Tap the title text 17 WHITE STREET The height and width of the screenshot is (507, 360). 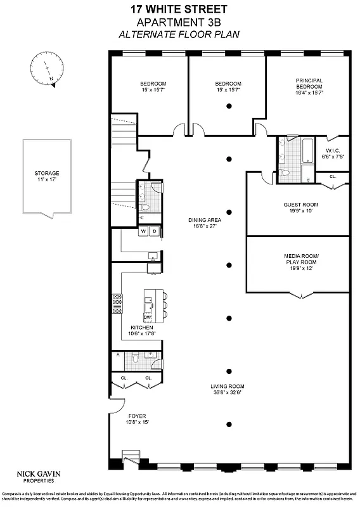click(x=179, y=10)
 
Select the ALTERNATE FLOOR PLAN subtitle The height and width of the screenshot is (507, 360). click(x=179, y=34)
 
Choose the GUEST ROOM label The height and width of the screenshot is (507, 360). click(x=300, y=204)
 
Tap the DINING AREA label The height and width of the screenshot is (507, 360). click(x=204, y=221)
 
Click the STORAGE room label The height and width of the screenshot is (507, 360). click(x=47, y=173)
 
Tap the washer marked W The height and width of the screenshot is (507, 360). click(x=144, y=231)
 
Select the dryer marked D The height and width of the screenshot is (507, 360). click(x=154, y=231)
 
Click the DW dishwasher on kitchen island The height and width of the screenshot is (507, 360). click(x=156, y=317)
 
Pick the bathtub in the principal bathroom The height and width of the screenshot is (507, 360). click(x=307, y=151)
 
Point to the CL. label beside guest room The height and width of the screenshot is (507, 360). click(x=333, y=177)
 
